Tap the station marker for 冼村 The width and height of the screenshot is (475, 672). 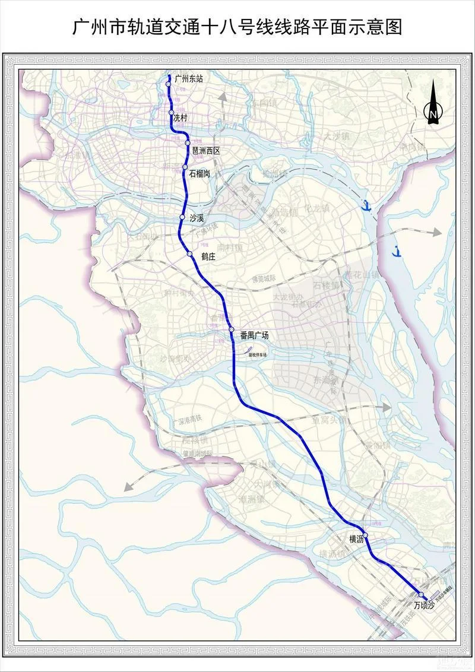pos(171,113)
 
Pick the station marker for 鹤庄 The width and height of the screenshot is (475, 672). pos(189,255)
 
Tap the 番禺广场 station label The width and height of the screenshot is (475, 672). pos(255,335)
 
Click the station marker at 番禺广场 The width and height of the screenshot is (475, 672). pos(232,329)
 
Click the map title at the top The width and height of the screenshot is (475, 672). pos(237,27)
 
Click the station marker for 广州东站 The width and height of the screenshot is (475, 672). pos(169,84)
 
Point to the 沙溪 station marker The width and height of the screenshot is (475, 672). pos(183,218)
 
